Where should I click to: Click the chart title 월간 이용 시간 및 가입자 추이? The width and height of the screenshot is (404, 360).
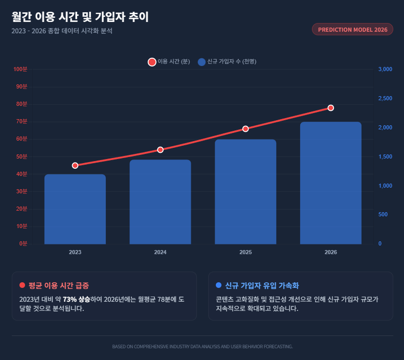click(80, 17)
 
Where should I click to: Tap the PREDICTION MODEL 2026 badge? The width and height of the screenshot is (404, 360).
click(352, 30)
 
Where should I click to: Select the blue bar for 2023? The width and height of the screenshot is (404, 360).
click(75, 209)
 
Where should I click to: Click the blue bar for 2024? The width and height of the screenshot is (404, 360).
click(160, 202)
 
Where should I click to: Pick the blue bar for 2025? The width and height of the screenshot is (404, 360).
click(245, 192)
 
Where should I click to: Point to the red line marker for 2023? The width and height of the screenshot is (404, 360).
click(75, 166)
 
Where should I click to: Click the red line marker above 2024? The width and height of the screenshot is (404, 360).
click(160, 150)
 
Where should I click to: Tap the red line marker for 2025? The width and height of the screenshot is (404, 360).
click(245, 129)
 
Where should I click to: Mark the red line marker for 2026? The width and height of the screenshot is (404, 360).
click(331, 108)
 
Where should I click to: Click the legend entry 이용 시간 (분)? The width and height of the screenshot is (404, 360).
click(169, 62)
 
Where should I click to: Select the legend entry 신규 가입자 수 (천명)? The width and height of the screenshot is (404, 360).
click(227, 62)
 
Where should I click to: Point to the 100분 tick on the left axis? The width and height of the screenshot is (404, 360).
click(20, 69)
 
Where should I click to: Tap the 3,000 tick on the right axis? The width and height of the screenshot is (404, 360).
click(385, 69)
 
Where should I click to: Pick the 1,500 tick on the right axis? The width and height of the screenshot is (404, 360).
click(385, 156)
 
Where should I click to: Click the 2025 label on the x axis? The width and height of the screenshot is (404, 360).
click(245, 253)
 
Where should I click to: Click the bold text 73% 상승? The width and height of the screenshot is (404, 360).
click(77, 299)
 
